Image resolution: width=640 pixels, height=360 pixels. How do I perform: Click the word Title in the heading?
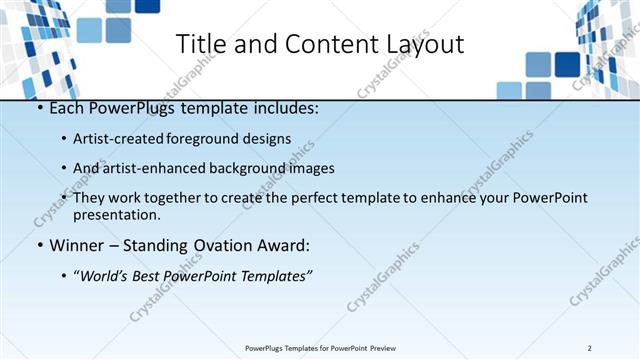(200, 45)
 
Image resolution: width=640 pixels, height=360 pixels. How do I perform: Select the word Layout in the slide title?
(423, 45)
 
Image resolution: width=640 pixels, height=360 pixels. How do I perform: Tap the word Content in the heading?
(319, 45)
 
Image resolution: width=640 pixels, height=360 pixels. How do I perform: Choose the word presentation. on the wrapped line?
(117, 214)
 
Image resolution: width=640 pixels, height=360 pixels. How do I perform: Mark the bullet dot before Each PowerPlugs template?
(38, 108)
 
